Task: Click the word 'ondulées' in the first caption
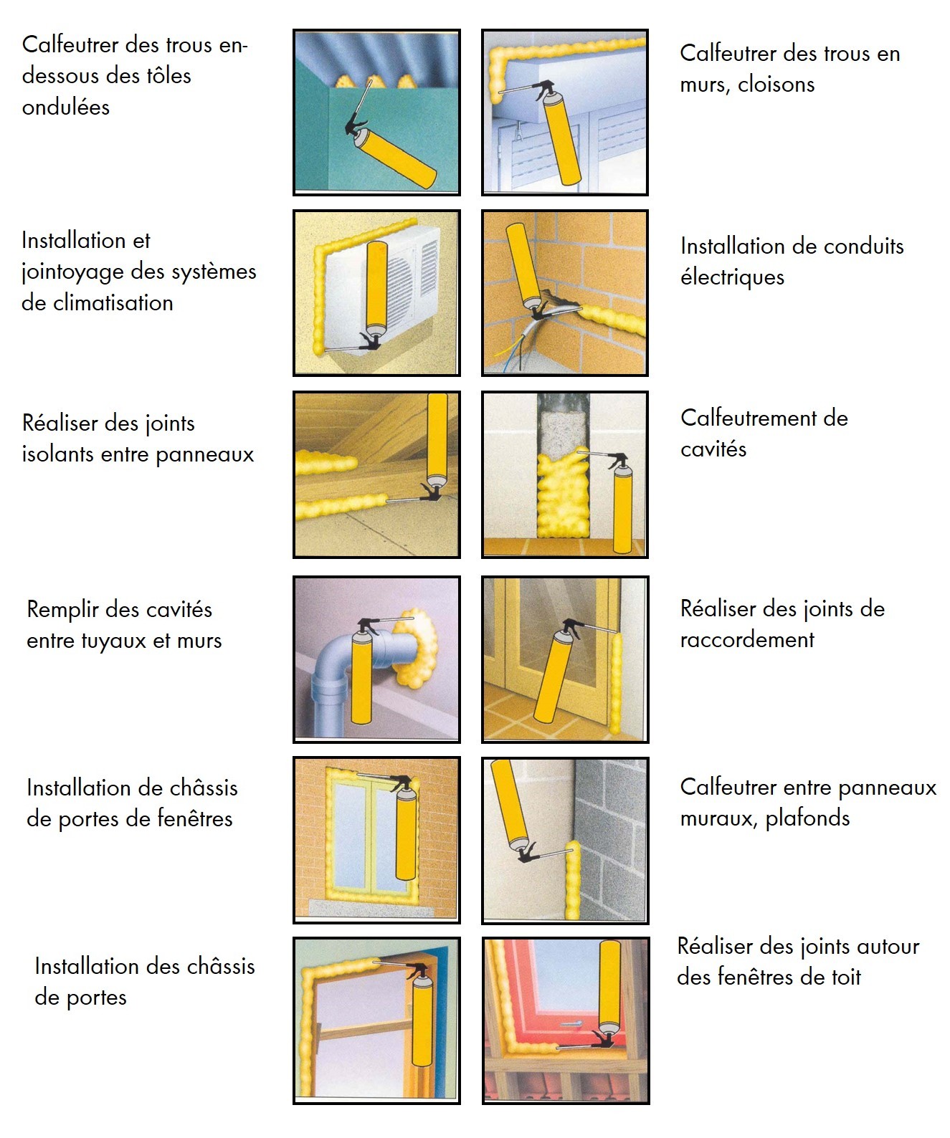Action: click(x=65, y=107)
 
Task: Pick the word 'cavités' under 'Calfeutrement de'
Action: click(x=713, y=449)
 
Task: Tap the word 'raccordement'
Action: click(x=747, y=640)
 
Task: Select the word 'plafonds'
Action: click(x=807, y=818)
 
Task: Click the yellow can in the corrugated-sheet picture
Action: click(x=397, y=157)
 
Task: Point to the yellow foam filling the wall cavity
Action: click(x=564, y=496)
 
